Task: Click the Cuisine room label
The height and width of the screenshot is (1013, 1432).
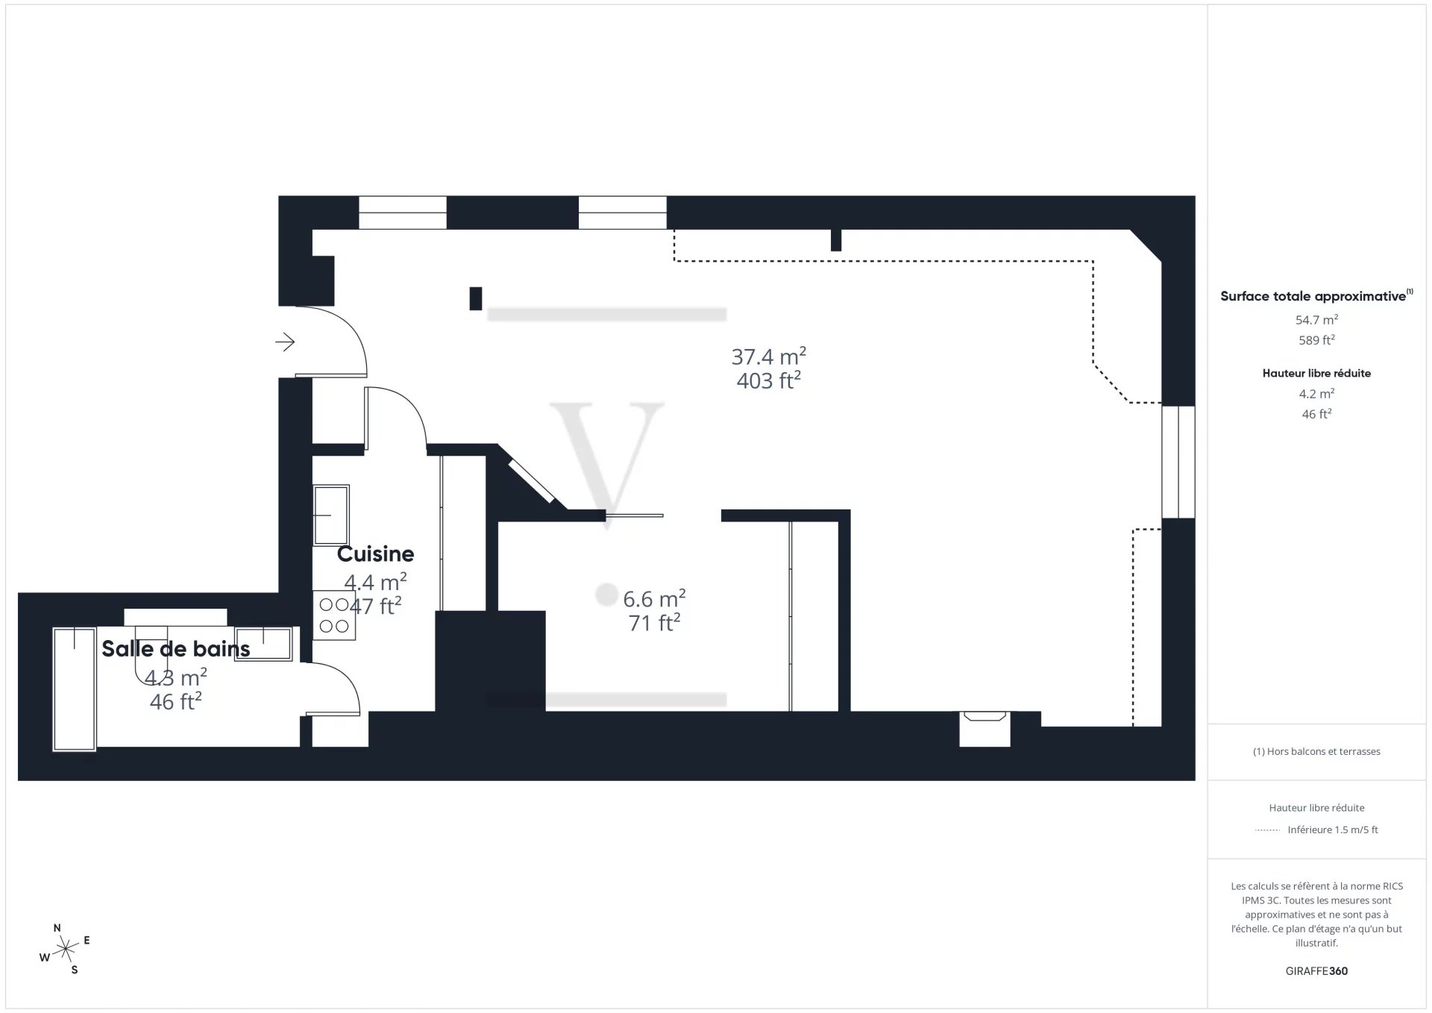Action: point(375,553)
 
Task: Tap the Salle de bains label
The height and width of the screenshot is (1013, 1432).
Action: point(176,649)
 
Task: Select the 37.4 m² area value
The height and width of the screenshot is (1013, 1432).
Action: point(768,357)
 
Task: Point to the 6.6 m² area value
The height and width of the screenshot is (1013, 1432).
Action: point(654,598)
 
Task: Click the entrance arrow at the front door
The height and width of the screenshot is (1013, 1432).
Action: point(285,342)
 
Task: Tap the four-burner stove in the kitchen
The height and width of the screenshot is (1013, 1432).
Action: point(334,615)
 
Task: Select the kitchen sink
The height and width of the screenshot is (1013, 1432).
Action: point(331,515)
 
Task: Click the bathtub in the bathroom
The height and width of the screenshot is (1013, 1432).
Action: point(75,689)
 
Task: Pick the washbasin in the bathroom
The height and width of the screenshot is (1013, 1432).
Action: point(263,644)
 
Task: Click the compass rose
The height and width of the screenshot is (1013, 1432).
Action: point(66,949)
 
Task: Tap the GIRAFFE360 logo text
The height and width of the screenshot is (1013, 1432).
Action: point(1316,971)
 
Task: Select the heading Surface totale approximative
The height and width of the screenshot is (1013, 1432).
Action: point(1313,296)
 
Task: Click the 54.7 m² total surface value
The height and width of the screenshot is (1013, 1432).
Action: point(1316,320)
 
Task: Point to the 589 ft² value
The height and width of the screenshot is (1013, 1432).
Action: point(1316,340)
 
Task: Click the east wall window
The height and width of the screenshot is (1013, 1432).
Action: point(1178,462)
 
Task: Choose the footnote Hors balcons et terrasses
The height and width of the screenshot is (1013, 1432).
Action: point(1316,751)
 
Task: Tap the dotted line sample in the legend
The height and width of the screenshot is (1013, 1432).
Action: point(1268,829)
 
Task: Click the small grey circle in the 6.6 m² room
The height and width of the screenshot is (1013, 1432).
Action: point(607,595)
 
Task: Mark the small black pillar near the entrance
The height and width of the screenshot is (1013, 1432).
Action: point(475,298)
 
